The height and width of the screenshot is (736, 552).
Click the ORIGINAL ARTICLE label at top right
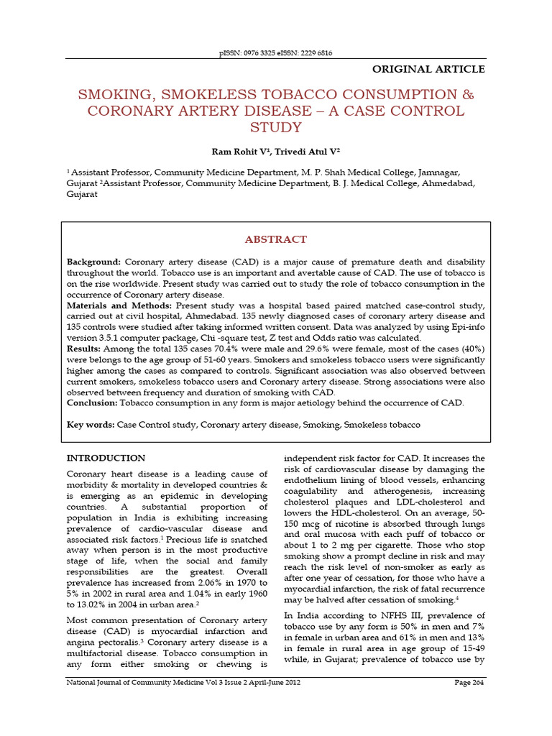428,70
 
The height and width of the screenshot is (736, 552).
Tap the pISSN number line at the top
276,53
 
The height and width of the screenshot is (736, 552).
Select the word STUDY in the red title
276,128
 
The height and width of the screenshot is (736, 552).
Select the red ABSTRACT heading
276,239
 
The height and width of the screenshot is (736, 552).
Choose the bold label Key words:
90,425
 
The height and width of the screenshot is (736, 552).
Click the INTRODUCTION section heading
106,458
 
